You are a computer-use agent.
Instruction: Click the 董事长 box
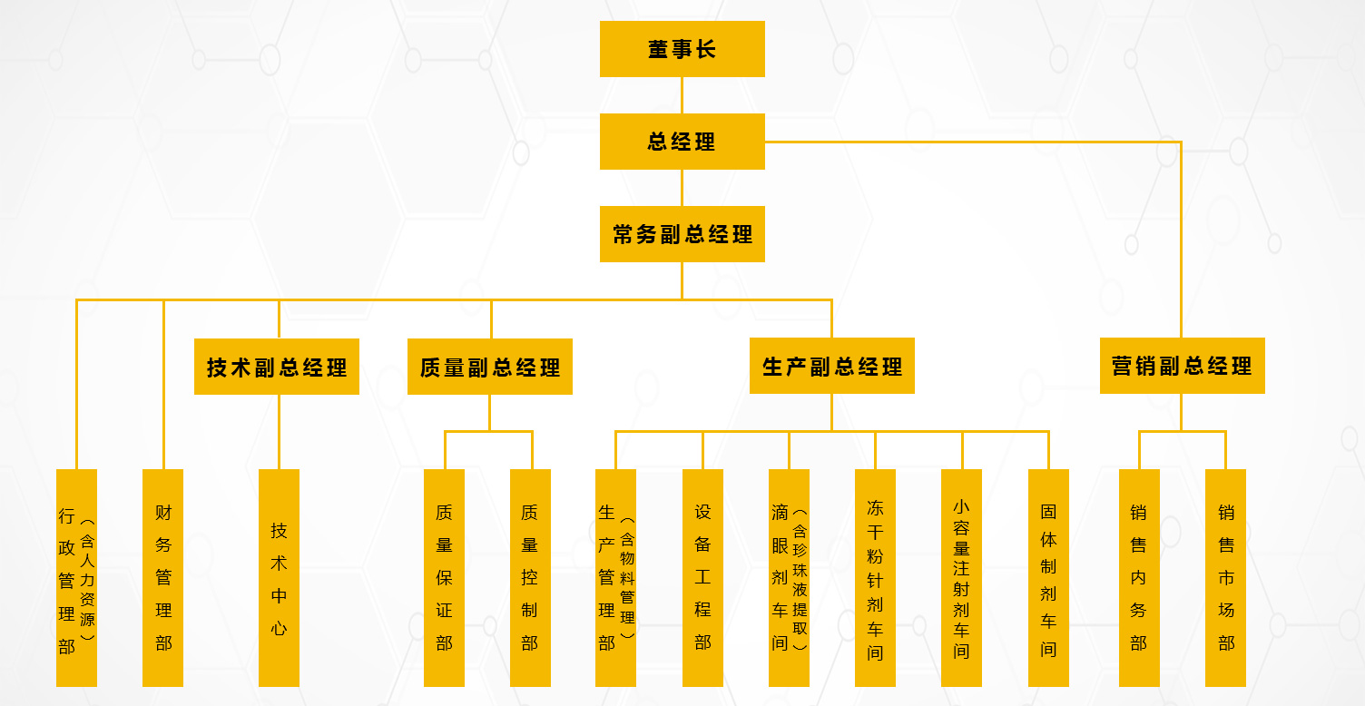(x=682, y=49)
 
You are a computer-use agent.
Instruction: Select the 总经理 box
(x=682, y=142)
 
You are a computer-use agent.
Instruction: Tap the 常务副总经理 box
(x=682, y=234)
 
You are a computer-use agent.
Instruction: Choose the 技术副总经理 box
(x=277, y=367)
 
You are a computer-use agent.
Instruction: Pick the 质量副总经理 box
(x=489, y=367)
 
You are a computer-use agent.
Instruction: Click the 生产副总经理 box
(x=831, y=366)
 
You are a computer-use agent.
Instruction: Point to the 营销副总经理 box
(x=1182, y=366)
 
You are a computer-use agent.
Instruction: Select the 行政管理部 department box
(x=76, y=578)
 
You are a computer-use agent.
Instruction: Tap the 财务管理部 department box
(x=163, y=578)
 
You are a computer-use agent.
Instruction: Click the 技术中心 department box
(x=279, y=578)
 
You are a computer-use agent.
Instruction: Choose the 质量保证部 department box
(x=444, y=578)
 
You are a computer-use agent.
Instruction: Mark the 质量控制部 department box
(x=530, y=578)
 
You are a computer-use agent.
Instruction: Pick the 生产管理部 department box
(x=615, y=578)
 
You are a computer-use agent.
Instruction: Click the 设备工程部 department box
(x=702, y=578)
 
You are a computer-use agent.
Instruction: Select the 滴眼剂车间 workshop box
(x=789, y=578)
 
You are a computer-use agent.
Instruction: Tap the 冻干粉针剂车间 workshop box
(x=875, y=578)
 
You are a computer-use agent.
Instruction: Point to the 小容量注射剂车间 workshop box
(x=961, y=578)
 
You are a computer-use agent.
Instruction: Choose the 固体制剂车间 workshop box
(x=1048, y=578)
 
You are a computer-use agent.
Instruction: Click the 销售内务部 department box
(x=1139, y=578)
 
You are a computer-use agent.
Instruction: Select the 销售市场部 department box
(x=1225, y=578)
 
